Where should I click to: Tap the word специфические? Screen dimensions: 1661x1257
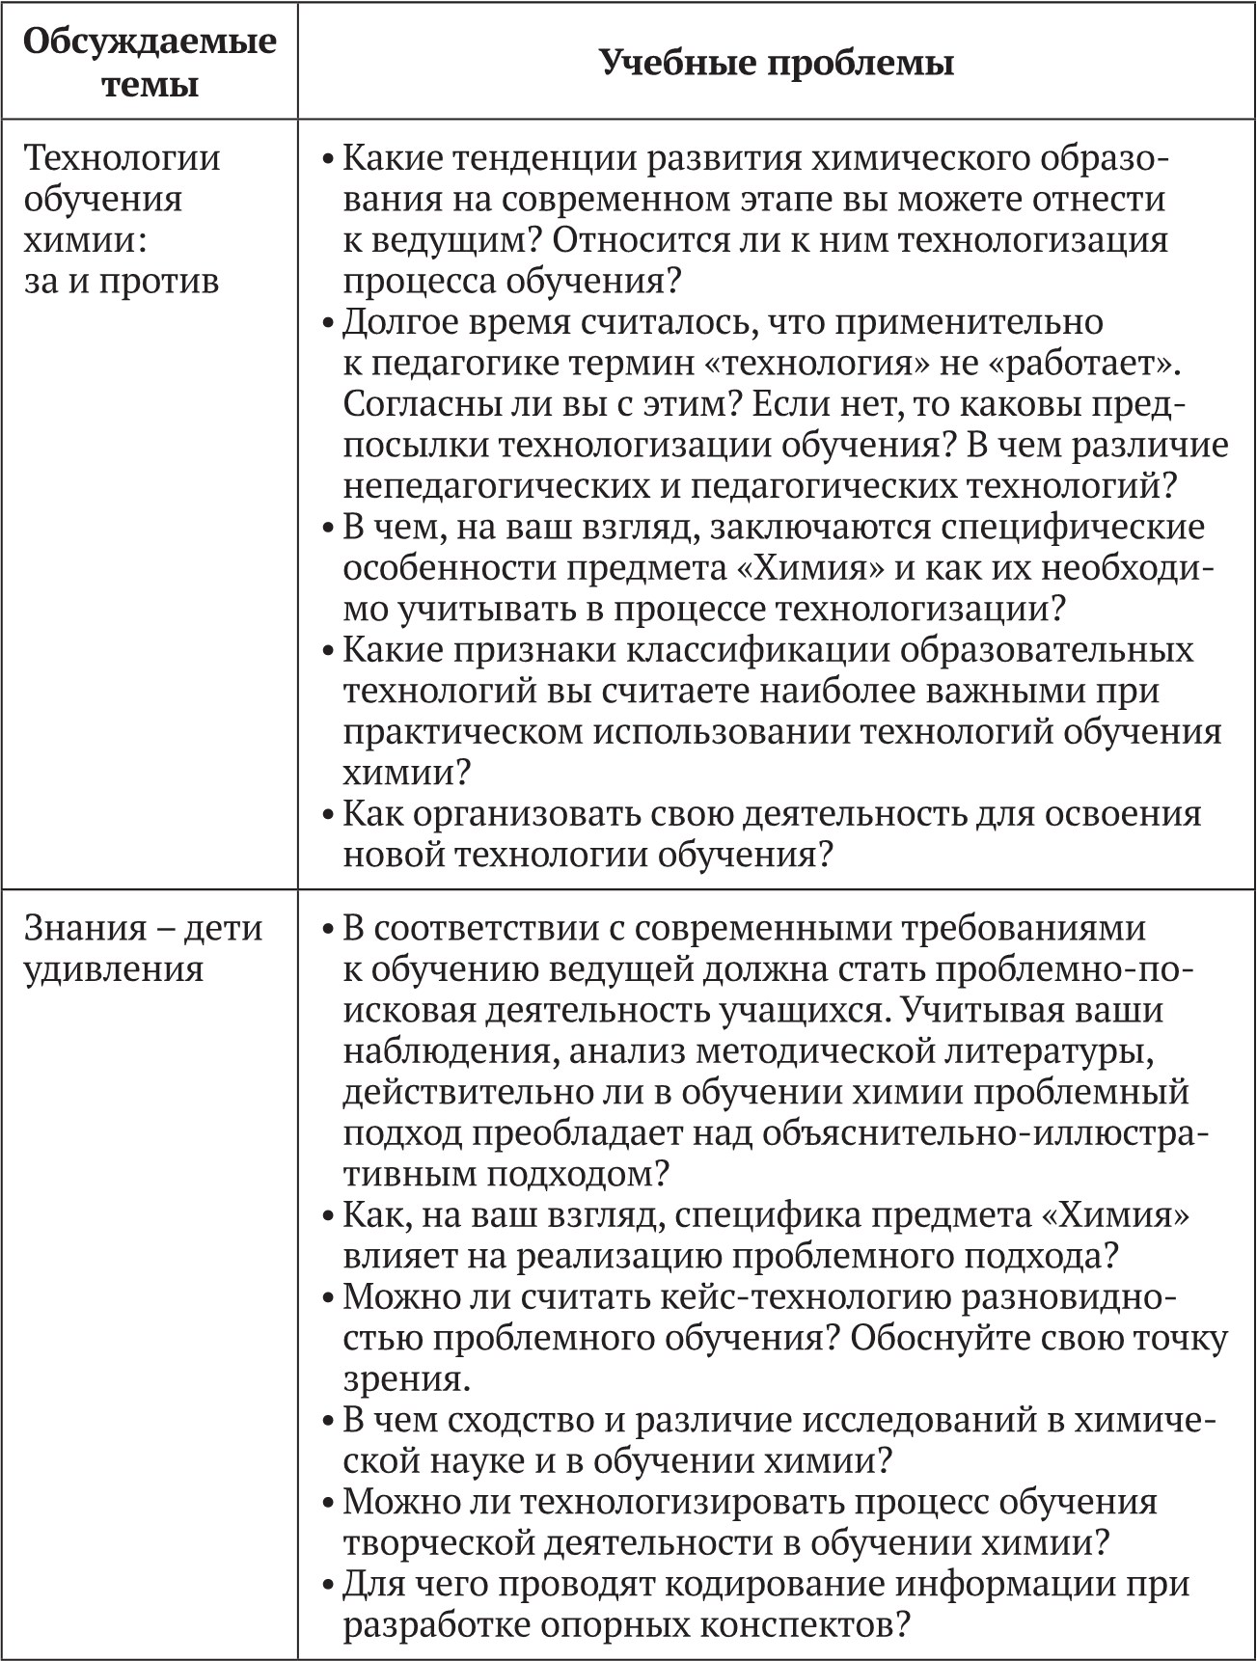pyautogui.click(x=1072, y=527)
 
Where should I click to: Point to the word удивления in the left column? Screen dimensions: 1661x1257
pyautogui.click(x=114, y=968)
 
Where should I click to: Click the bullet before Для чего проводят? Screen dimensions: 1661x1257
pyautogui.click(x=329, y=1585)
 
